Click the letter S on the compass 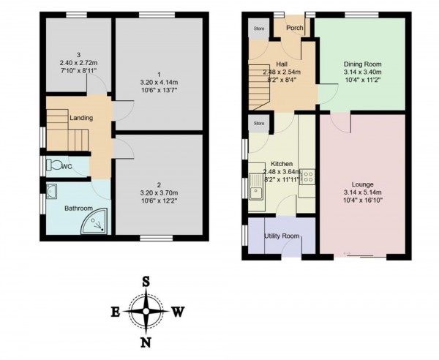click(x=146, y=281)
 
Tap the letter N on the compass click(x=146, y=342)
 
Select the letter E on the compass click(x=116, y=312)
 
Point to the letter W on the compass click(x=178, y=312)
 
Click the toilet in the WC click(x=53, y=165)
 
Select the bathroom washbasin click(x=50, y=191)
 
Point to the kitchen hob click(x=307, y=176)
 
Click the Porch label click(x=294, y=29)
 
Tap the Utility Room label click(x=282, y=236)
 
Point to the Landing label click(x=80, y=117)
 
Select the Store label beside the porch click(x=258, y=29)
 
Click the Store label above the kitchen click(x=258, y=123)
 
